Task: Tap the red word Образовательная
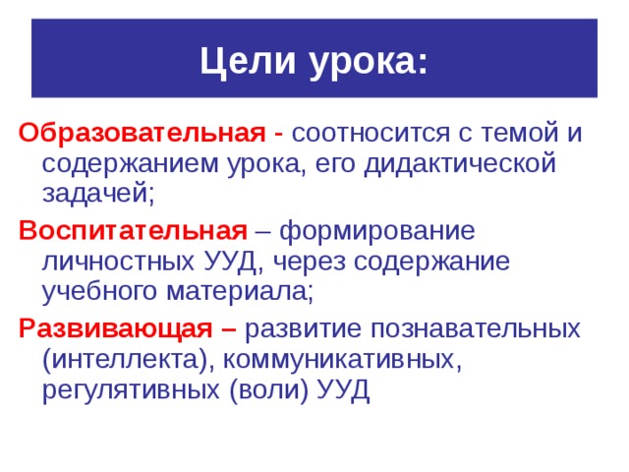(141, 132)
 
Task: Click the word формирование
(378, 231)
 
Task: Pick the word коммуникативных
(343, 359)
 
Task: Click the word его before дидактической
(334, 163)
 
